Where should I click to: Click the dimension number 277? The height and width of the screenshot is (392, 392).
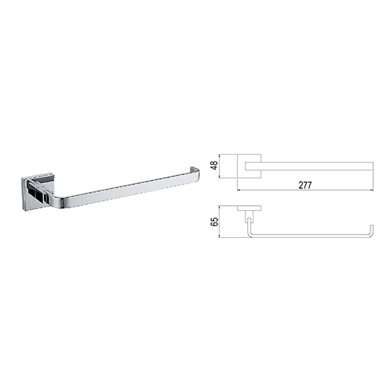pyautogui.click(x=305, y=185)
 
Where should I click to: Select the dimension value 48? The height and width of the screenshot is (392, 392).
pyautogui.click(x=214, y=165)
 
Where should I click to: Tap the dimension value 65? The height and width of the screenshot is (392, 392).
pyautogui.click(x=214, y=221)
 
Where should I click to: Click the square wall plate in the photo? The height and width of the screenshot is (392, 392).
pyautogui.click(x=37, y=193)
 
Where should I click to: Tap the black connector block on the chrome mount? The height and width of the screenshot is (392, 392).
pyautogui.click(x=35, y=191)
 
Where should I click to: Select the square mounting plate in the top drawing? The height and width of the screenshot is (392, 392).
pyautogui.click(x=250, y=166)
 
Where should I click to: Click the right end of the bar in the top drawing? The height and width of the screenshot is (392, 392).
pyautogui.click(x=373, y=166)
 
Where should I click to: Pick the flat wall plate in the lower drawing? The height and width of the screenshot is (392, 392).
pyautogui.click(x=250, y=208)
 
